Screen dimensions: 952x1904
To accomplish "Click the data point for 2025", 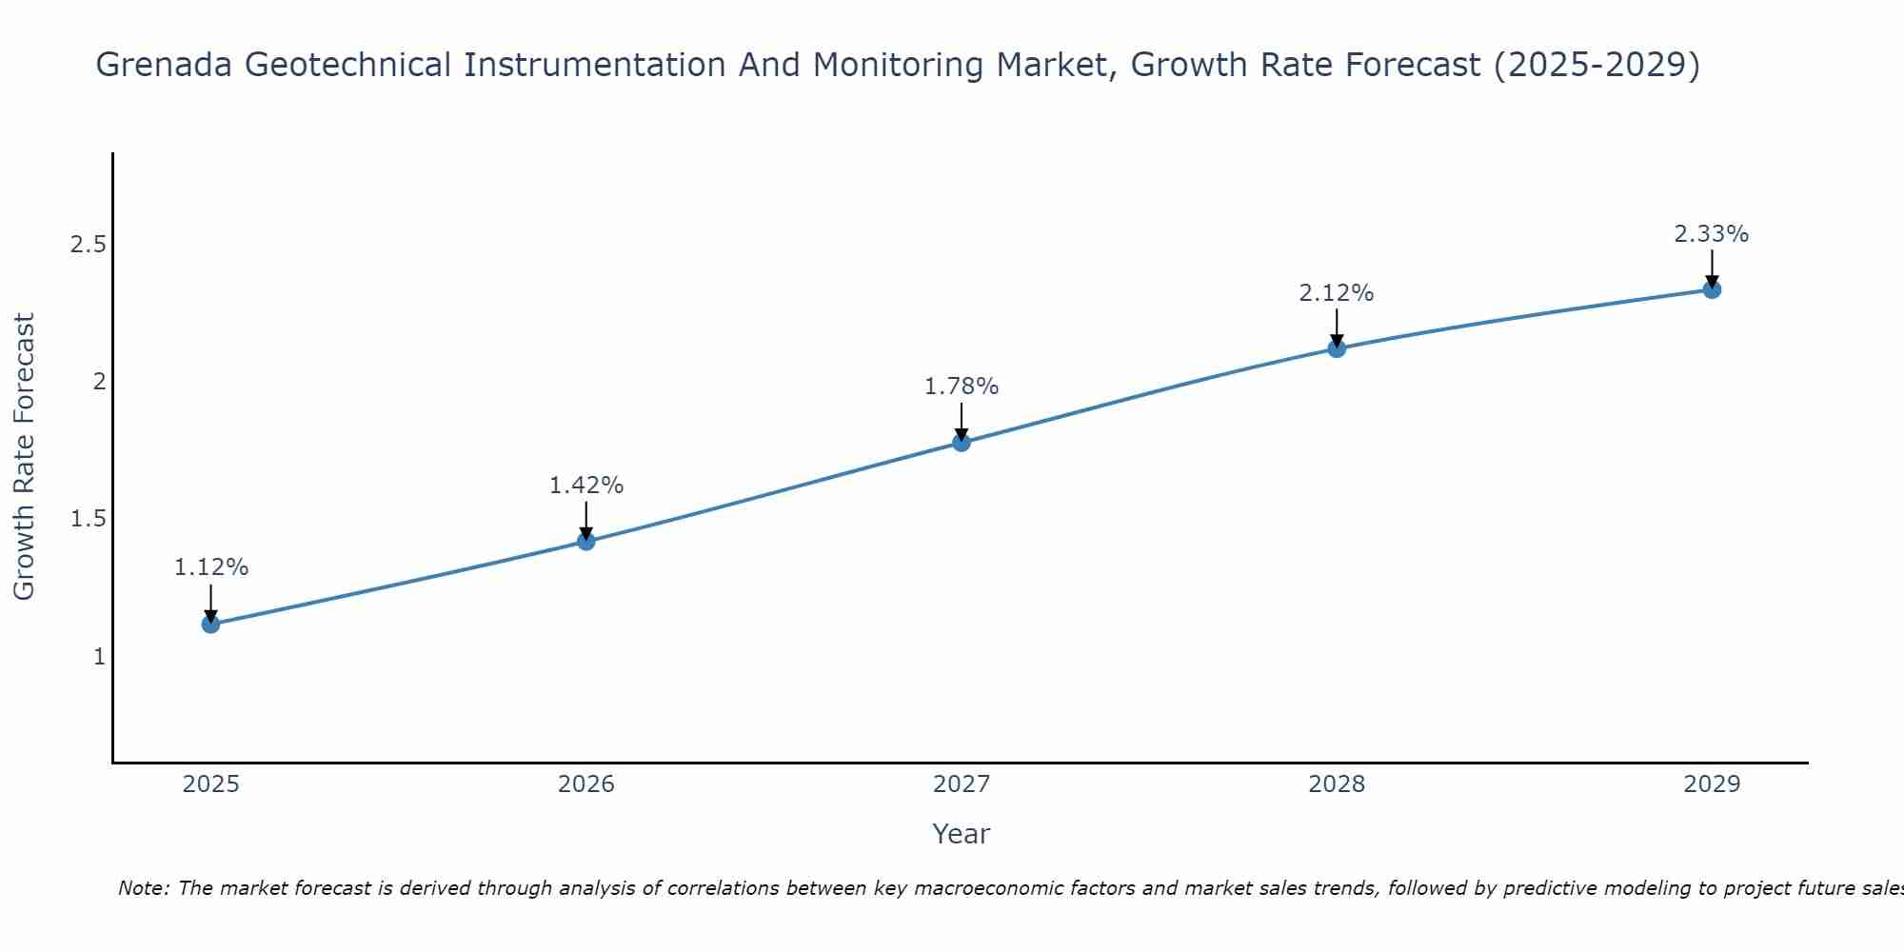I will pyautogui.click(x=210, y=625).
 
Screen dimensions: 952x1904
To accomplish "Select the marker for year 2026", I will pyautogui.click(x=586, y=542).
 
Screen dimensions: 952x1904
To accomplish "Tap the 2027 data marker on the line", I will pyautogui.click(x=962, y=443).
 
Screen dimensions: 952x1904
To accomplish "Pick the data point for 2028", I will pyautogui.click(x=1337, y=348).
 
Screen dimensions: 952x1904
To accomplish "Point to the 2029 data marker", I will pyautogui.click(x=1712, y=289).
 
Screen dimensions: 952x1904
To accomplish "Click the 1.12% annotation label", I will pyautogui.click(x=211, y=567).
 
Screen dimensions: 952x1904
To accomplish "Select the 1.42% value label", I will pyautogui.click(x=586, y=486).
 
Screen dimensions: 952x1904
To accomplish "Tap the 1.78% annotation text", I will pyautogui.click(x=962, y=387).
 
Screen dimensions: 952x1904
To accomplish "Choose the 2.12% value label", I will pyautogui.click(x=1337, y=293).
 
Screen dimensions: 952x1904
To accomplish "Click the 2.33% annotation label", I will pyautogui.click(x=1712, y=234).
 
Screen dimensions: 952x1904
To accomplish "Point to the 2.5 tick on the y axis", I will pyautogui.click(x=88, y=246).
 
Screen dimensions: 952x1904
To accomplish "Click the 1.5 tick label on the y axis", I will pyautogui.click(x=88, y=520).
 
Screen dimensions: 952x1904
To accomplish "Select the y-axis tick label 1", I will pyautogui.click(x=99, y=657).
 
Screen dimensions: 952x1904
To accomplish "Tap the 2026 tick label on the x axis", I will pyautogui.click(x=586, y=784).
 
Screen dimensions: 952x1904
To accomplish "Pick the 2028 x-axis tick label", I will pyautogui.click(x=1337, y=784).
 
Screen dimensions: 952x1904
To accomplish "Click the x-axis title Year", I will pyautogui.click(x=962, y=834).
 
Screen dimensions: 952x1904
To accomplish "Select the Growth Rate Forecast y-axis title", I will pyautogui.click(x=25, y=457).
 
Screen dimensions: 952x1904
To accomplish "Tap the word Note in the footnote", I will pyautogui.click(x=142, y=888).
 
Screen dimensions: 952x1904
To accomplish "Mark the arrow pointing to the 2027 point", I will pyautogui.click(x=962, y=421).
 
